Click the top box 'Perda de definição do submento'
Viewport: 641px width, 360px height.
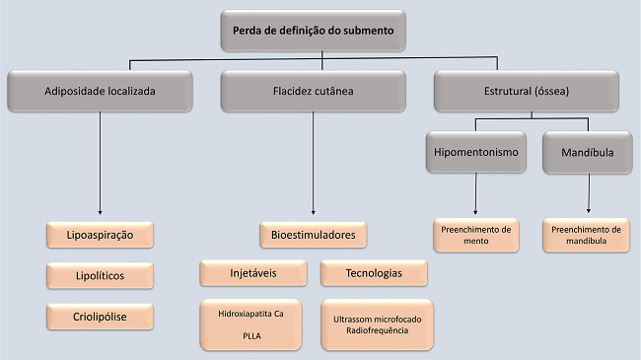[x=313, y=31]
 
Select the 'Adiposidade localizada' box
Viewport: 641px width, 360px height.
[x=101, y=91]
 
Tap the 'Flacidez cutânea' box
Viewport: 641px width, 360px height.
[x=313, y=91]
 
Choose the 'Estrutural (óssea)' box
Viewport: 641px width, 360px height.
[x=526, y=91]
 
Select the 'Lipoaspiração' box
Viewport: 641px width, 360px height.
[x=101, y=235]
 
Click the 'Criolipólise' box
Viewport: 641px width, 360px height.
[x=101, y=316]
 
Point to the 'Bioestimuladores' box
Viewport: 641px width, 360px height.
[x=313, y=235]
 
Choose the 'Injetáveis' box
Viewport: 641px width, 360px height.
[x=255, y=272]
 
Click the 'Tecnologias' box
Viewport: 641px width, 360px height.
[x=374, y=272]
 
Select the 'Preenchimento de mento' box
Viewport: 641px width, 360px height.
[x=477, y=235]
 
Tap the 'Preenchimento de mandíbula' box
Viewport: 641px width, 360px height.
[x=588, y=235]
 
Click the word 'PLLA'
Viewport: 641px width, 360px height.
[x=255, y=334]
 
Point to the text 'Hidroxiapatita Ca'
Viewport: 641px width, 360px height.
[x=255, y=314]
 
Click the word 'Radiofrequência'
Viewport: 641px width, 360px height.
[x=376, y=330]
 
